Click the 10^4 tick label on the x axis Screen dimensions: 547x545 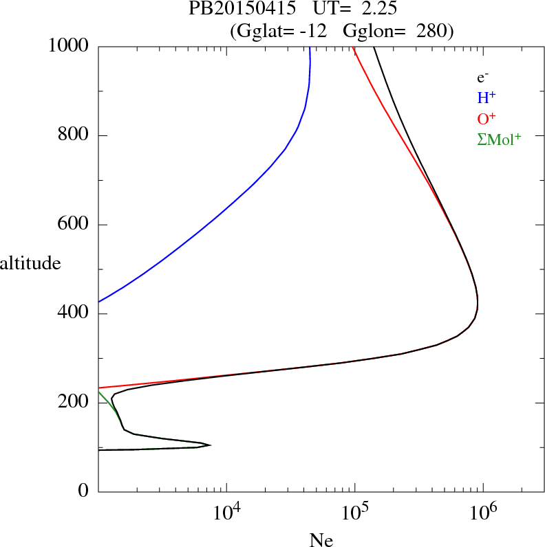[227, 513]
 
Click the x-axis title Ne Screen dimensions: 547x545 [321, 539]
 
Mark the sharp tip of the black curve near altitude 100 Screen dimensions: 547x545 [211, 445]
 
